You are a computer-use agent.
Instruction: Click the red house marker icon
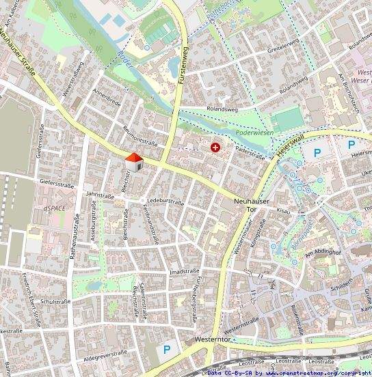point(133,162)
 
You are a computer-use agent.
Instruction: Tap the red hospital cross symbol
point(216,147)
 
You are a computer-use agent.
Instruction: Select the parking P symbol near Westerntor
point(166,350)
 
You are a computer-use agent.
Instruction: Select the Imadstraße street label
point(184,272)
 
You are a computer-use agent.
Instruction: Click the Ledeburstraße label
point(165,201)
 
